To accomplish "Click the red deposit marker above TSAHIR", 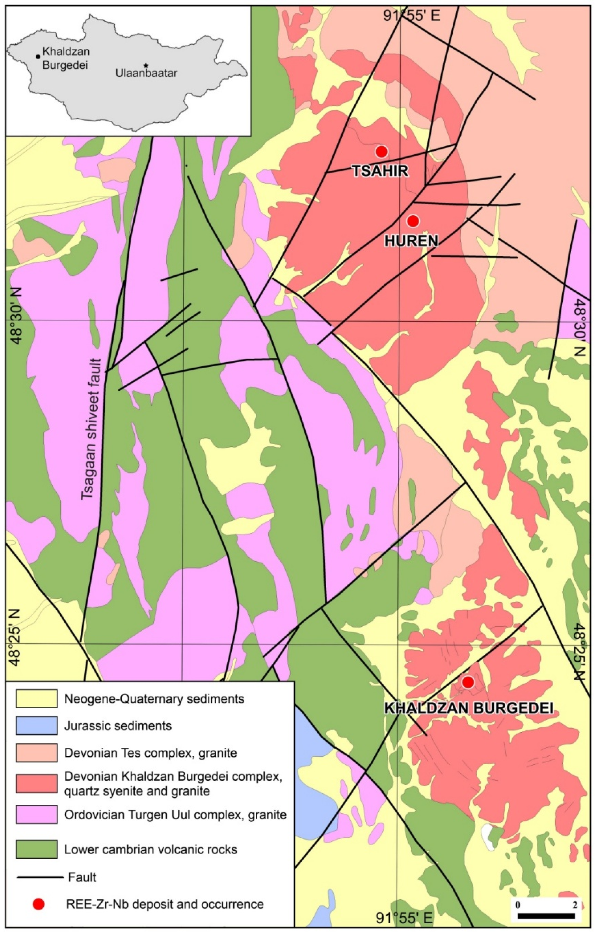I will coord(381,152).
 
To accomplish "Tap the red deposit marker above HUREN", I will coord(413,221).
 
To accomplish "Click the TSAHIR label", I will coord(380,171).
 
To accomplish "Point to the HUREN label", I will coord(411,241).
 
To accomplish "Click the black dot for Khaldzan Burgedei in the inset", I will coord(38,57).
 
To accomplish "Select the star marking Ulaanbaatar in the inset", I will coord(146,65).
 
